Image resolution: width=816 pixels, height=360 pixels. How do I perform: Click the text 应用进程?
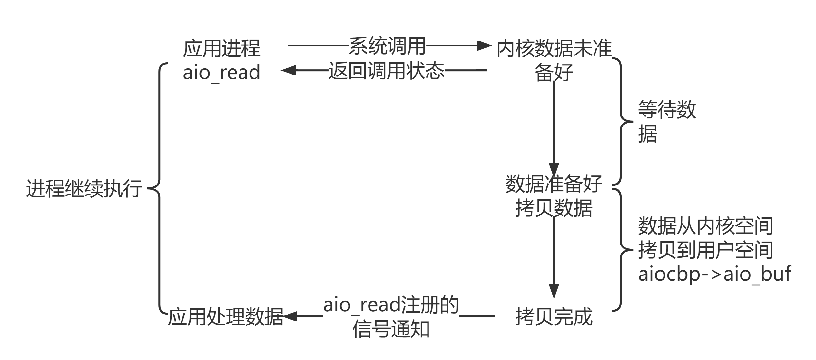coord(221,49)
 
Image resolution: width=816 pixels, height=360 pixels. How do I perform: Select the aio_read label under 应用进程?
coord(221,72)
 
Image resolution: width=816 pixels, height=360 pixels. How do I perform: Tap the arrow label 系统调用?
coord(387,46)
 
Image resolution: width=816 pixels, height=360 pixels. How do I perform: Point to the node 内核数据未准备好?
coord(554,60)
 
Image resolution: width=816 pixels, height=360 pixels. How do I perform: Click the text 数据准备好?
coord(554,184)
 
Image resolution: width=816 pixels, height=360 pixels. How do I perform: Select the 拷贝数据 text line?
coord(554,208)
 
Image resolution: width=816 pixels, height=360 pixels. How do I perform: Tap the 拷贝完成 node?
coord(554,317)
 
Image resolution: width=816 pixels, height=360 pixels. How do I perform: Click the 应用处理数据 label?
coord(225,317)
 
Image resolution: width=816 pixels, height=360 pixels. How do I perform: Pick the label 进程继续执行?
coord(84,188)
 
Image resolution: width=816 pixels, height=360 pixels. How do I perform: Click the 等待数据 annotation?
coord(666,122)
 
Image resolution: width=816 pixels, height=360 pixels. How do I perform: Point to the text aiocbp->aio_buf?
coord(714,275)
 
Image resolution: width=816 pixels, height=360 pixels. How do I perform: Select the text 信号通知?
coord(391,329)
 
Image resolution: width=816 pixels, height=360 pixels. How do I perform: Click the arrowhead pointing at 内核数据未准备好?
coord(484,46)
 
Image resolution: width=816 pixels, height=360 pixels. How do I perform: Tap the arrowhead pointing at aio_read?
coord(288,70)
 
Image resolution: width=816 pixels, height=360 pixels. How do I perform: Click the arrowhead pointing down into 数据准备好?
coord(554,170)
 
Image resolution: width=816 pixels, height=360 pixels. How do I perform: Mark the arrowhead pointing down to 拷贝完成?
coord(554,291)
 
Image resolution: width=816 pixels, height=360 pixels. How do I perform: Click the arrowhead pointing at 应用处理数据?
coord(290,316)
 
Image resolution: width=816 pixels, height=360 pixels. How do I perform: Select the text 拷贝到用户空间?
coord(705,250)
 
